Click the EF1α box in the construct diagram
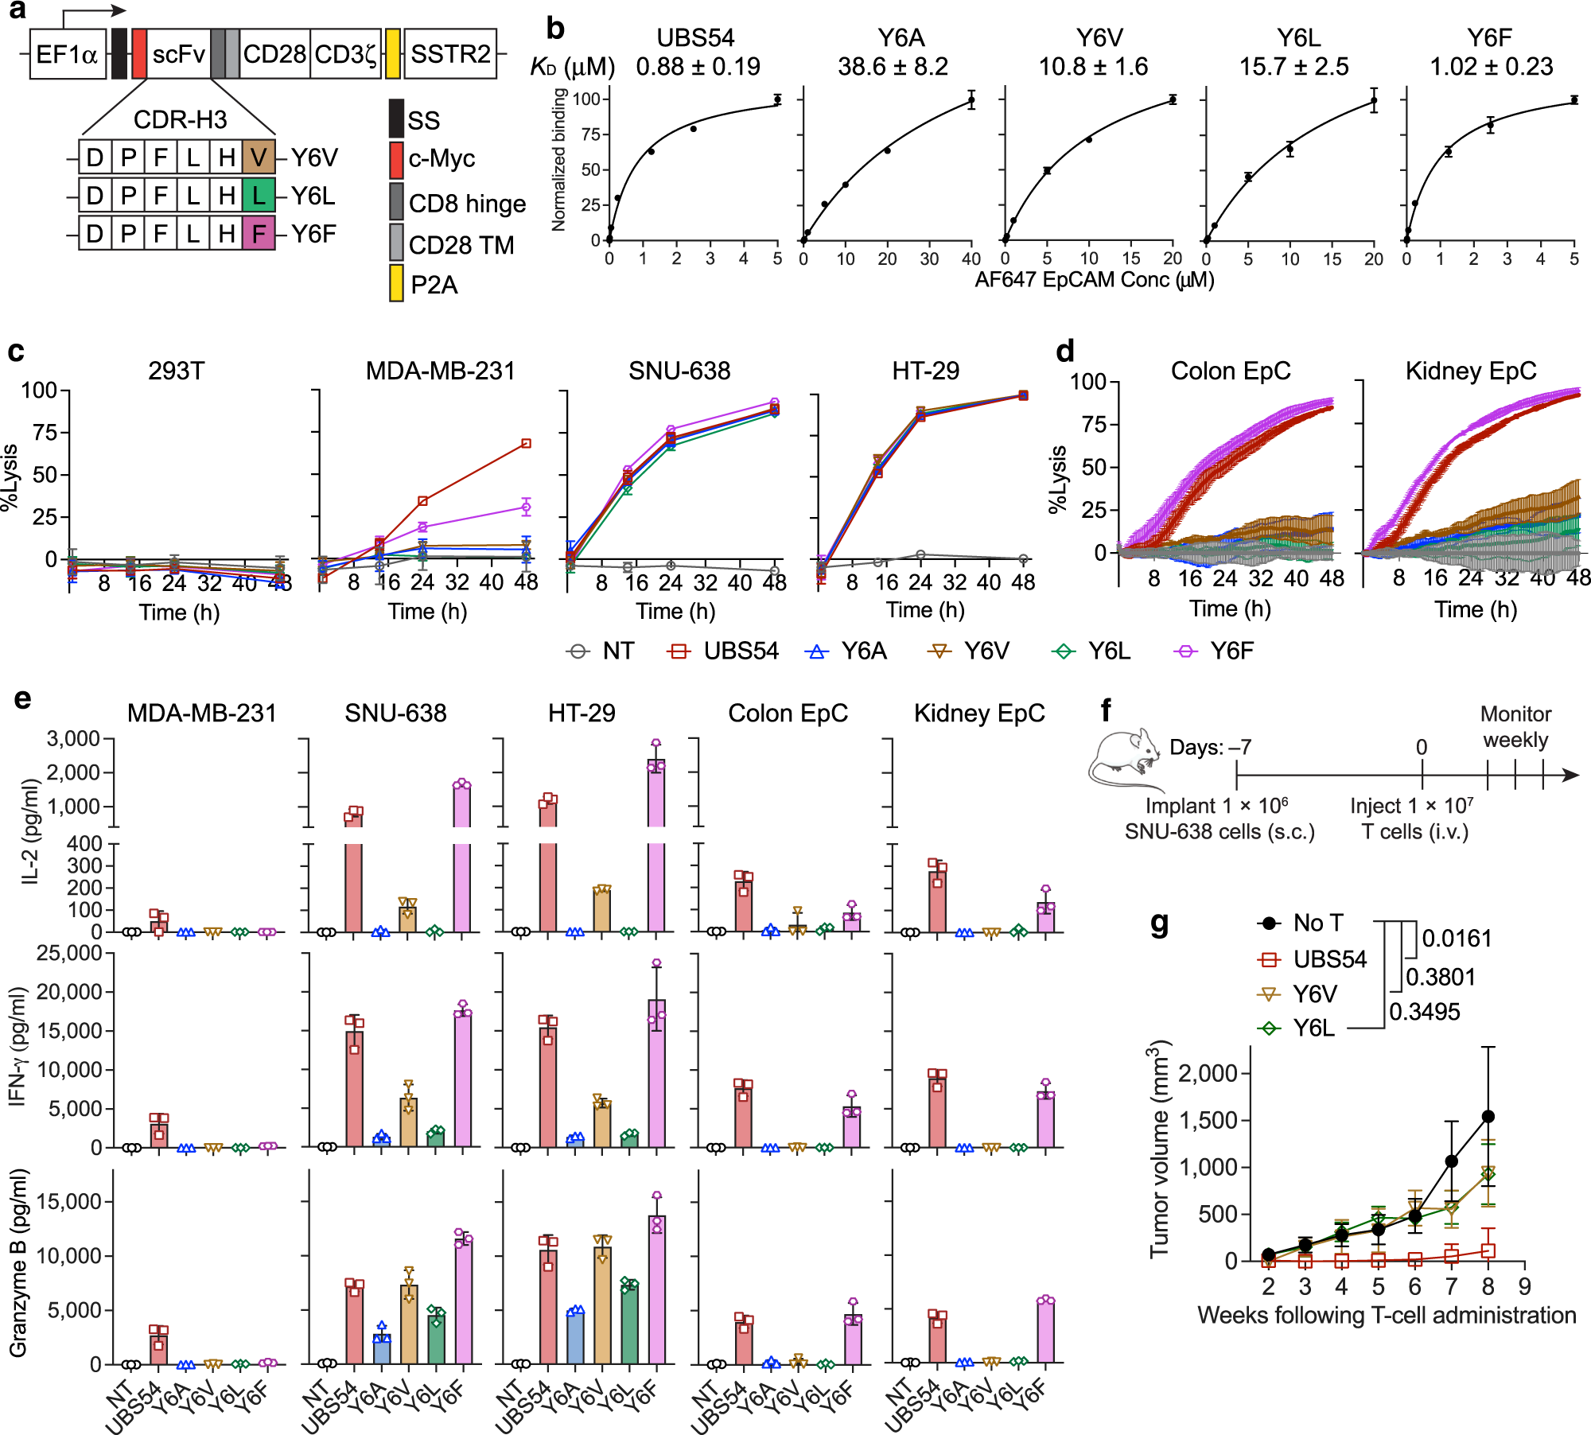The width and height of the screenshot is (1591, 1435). coord(68,54)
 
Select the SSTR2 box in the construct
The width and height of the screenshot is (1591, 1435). coord(450,54)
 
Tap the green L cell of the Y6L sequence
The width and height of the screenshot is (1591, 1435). coord(259,196)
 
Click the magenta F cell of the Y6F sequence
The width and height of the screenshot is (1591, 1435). coord(259,234)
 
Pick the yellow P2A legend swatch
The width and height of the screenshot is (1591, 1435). coord(395,284)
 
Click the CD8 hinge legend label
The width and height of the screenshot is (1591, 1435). coord(467,204)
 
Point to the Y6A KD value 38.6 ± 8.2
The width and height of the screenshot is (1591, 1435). coord(893,67)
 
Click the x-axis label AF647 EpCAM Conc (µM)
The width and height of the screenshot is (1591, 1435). coord(1094,280)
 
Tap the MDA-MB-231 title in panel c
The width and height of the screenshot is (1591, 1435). coord(440,371)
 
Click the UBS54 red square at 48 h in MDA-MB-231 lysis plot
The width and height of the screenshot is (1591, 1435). coord(526,443)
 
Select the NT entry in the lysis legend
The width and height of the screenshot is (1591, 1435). coord(601,651)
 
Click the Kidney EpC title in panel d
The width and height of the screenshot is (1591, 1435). coord(1470,371)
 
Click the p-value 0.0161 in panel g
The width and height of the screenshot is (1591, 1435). coord(1456,939)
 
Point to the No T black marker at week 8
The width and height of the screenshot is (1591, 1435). coord(1488,1117)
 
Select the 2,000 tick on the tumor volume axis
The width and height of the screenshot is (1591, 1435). coord(1207,1074)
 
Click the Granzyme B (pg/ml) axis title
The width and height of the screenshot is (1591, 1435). coord(18,1262)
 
